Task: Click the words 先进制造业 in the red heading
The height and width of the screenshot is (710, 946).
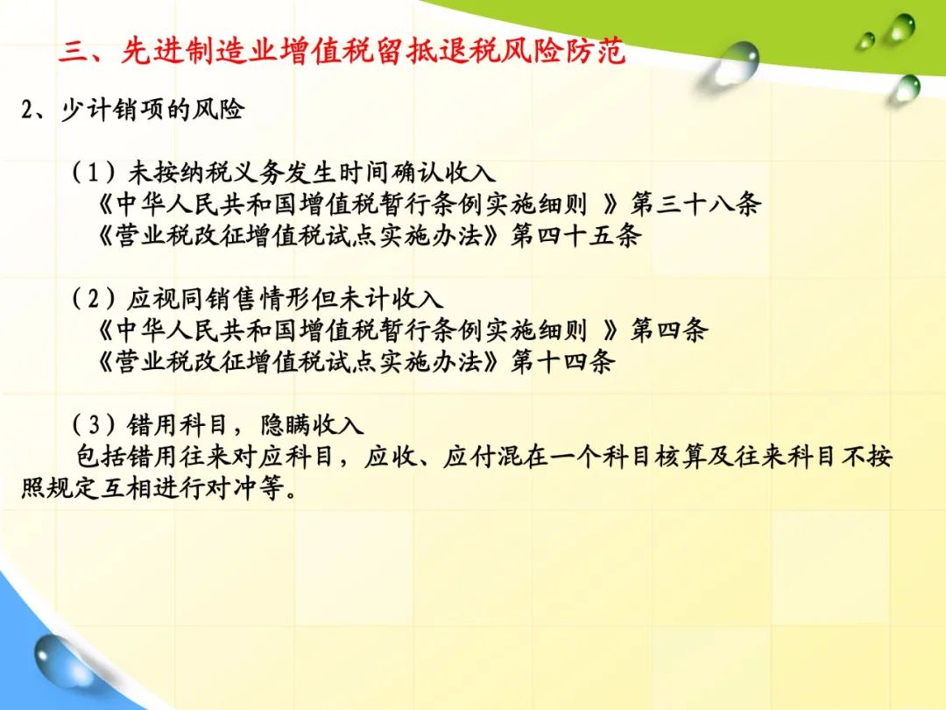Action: (199, 51)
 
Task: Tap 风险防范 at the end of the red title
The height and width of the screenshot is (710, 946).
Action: (563, 51)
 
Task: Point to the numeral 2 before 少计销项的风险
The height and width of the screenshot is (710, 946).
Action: (26, 110)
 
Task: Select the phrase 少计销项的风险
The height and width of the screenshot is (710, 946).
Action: (152, 110)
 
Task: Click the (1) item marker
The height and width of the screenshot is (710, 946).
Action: (94, 174)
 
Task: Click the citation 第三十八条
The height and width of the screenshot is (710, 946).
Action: (695, 204)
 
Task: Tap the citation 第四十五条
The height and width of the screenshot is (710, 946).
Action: (575, 236)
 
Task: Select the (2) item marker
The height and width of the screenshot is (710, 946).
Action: (94, 299)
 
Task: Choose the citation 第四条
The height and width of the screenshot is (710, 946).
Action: (669, 330)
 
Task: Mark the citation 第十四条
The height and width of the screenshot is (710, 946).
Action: (562, 362)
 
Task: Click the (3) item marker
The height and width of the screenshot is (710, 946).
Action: (94, 425)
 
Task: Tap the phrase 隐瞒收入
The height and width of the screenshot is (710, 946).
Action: (312, 425)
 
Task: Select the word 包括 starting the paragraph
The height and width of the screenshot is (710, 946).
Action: (100, 457)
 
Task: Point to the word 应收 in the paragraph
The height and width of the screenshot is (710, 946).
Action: (391, 457)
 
